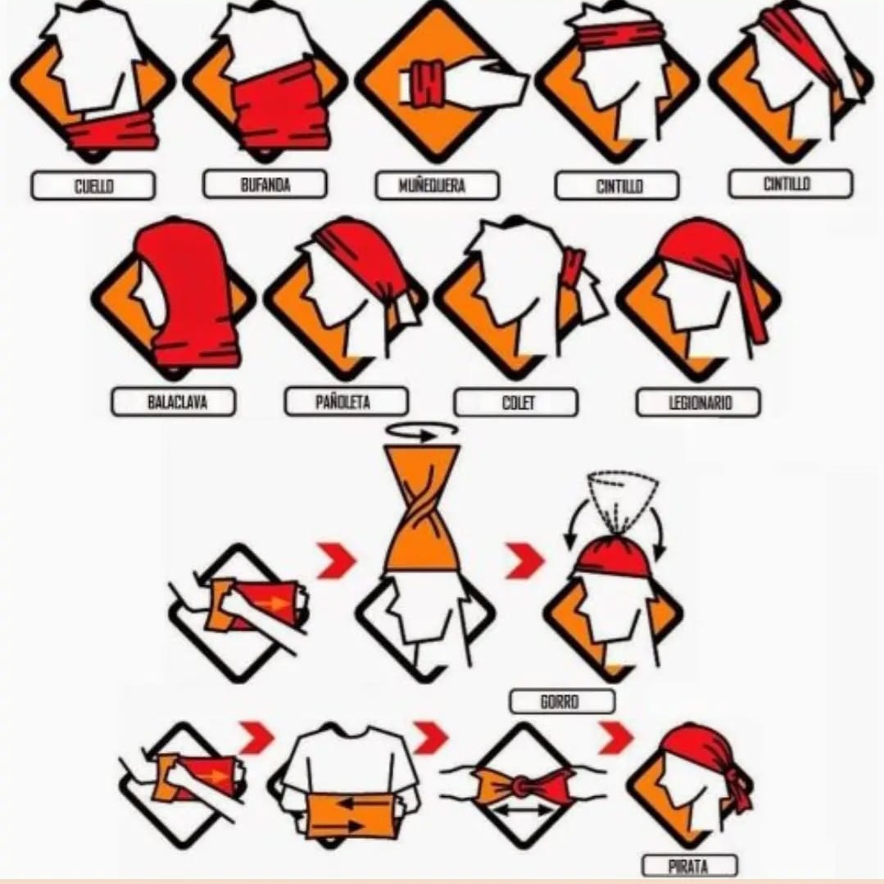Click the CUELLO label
(x=93, y=185)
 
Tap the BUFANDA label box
(x=265, y=184)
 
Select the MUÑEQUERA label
(x=437, y=185)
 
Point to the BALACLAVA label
(x=174, y=402)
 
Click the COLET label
(x=516, y=403)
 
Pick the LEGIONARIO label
(x=699, y=403)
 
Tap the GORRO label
(x=562, y=702)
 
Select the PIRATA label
(x=690, y=866)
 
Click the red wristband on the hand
(x=427, y=84)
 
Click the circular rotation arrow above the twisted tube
(x=422, y=431)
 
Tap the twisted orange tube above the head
(x=422, y=508)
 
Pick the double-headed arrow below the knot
(x=522, y=811)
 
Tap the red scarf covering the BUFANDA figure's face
(x=280, y=107)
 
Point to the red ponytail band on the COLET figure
(x=573, y=265)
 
